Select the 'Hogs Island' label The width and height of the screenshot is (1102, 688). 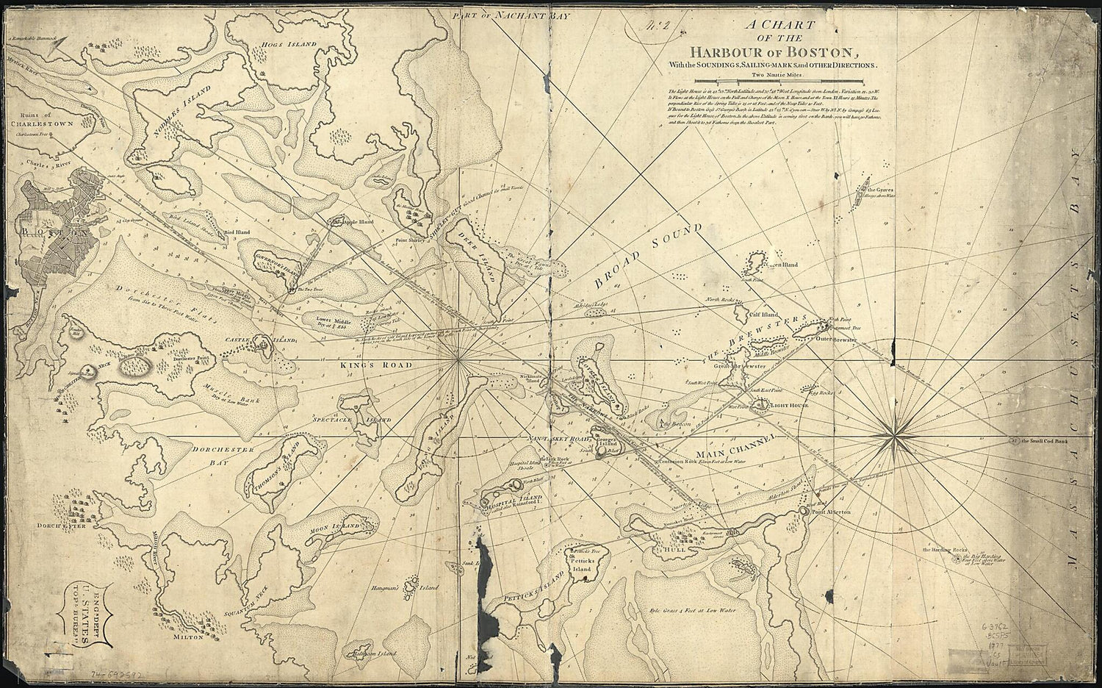point(292,44)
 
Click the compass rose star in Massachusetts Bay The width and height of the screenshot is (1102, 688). point(897,439)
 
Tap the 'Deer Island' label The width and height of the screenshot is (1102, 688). point(486,259)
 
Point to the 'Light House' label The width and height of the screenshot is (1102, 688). point(790,405)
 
